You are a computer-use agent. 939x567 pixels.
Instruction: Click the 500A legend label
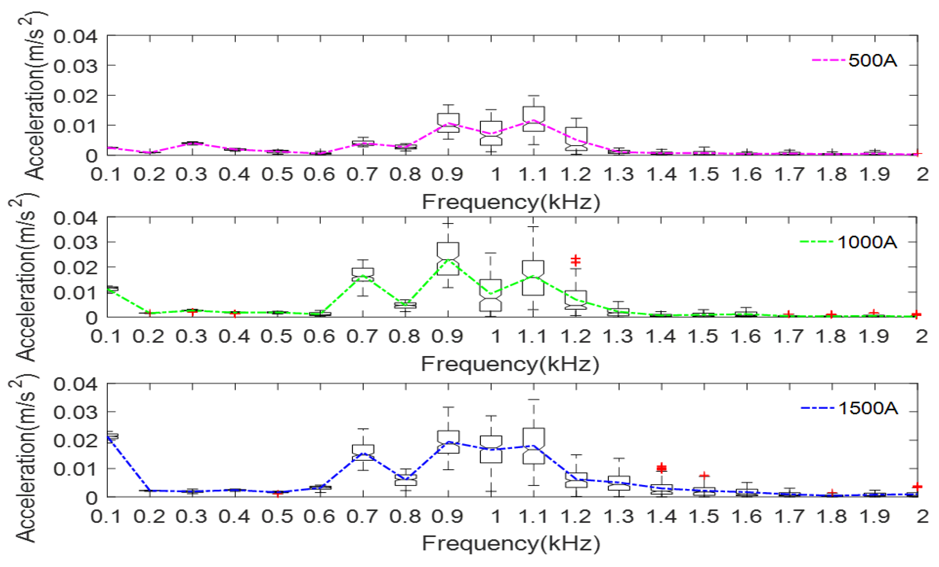(872, 61)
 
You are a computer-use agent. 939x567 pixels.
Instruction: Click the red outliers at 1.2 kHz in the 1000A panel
(575, 260)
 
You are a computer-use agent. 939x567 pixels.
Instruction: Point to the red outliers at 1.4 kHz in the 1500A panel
(662, 467)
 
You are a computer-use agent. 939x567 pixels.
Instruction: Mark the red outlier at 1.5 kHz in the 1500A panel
(704, 475)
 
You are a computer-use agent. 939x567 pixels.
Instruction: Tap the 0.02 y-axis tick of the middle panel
(75, 267)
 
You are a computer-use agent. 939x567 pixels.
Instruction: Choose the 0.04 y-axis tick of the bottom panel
(75, 384)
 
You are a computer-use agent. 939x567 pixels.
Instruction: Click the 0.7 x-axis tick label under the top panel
(362, 175)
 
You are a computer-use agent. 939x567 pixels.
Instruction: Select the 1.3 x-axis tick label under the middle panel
(618, 337)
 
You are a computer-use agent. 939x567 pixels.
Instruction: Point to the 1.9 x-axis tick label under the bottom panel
(875, 517)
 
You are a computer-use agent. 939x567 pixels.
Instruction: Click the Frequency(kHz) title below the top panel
(510, 202)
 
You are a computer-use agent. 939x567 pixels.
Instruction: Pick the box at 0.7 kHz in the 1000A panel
(363, 274)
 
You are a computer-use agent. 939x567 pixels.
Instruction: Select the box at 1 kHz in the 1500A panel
(491, 449)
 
